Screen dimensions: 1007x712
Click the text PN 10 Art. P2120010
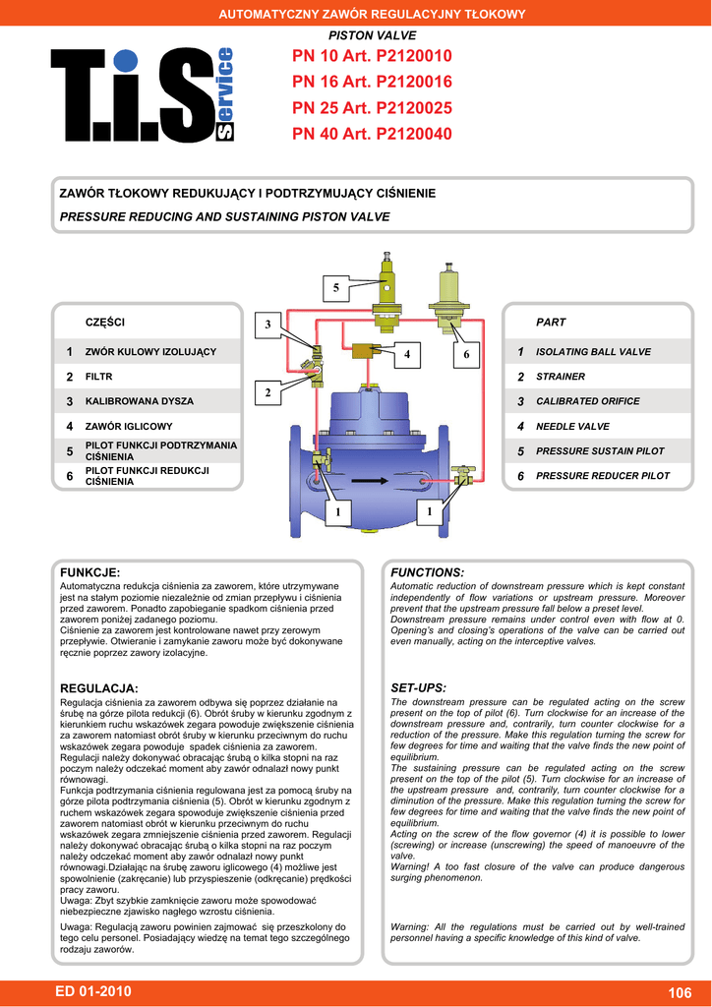[x=372, y=57]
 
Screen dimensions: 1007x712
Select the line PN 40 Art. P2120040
[x=372, y=134]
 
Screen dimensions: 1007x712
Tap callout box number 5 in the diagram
[x=335, y=288]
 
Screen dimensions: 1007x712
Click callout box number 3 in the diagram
[x=267, y=326]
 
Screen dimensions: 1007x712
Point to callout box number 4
[x=405, y=353]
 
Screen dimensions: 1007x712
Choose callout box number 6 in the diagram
[x=467, y=353]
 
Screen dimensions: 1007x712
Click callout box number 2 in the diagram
[x=267, y=393]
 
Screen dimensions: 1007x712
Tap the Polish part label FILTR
[x=99, y=377]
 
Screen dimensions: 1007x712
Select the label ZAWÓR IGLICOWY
[x=129, y=427]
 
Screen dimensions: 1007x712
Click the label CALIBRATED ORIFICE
[x=587, y=401]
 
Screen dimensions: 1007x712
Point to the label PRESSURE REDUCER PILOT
[x=603, y=476]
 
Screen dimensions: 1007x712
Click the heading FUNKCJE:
[x=90, y=572]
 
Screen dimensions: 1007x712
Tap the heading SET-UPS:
[x=418, y=687]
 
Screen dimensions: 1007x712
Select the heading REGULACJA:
[x=99, y=687]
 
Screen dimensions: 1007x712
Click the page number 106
[x=680, y=993]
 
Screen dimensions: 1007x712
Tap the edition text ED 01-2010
[x=92, y=991]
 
